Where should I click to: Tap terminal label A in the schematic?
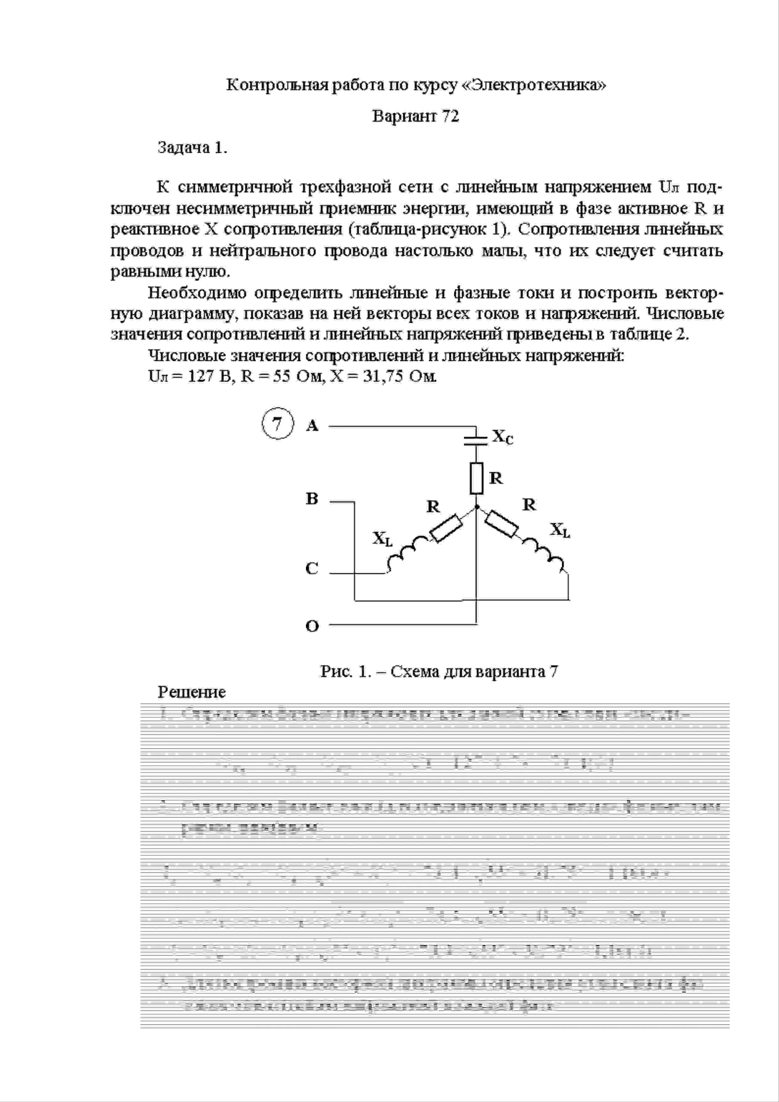pyautogui.click(x=312, y=425)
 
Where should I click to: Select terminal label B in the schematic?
pyautogui.click(x=312, y=499)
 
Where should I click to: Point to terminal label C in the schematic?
pyautogui.click(x=312, y=568)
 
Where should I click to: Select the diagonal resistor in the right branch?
pyautogui.click(x=502, y=524)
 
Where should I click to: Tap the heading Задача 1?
pyautogui.click(x=192, y=148)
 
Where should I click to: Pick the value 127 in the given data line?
pyautogui.click(x=201, y=376)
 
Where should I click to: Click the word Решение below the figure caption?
pyautogui.click(x=192, y=692)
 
